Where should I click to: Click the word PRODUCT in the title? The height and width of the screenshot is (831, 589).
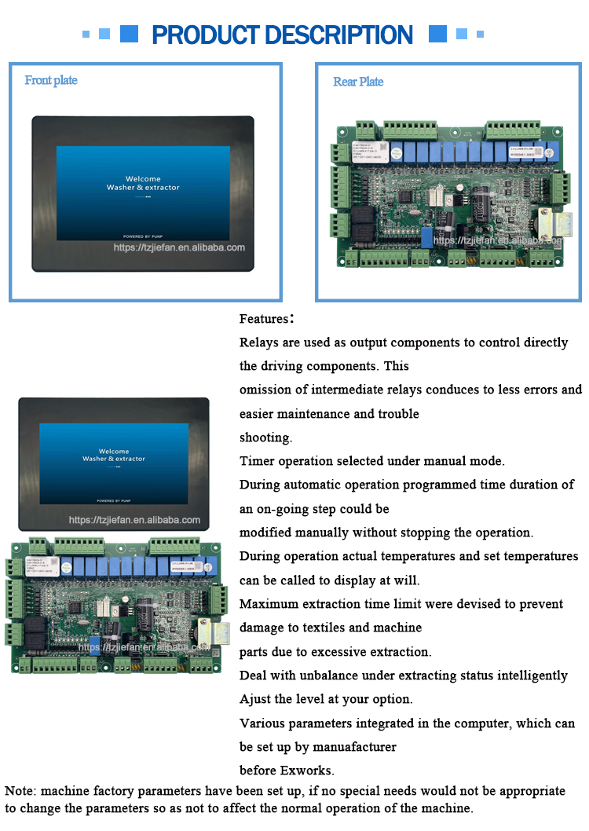(205, 35)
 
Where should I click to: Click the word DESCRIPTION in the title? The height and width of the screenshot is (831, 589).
(338, 35)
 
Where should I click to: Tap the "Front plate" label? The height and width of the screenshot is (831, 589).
(51, 80)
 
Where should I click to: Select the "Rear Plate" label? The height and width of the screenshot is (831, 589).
(358, 82)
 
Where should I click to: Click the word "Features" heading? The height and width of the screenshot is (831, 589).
(264, 319)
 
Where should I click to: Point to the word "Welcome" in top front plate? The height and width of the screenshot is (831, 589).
(143, 178)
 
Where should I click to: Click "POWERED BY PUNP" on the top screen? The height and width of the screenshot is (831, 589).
(143, 236)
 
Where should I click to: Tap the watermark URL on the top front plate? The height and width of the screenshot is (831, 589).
(179, 247)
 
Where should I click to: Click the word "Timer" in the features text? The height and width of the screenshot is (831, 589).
(256, 461)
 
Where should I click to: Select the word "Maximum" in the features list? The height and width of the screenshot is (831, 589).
(269, 604)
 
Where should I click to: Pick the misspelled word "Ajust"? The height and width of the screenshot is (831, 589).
(255, 699)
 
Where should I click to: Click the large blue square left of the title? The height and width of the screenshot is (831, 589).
(129, 34)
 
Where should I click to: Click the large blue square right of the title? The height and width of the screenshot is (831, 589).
(437, 34)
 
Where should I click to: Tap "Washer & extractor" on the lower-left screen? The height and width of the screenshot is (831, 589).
(114, 459)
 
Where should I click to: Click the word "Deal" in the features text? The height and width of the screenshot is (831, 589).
(253, 675)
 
